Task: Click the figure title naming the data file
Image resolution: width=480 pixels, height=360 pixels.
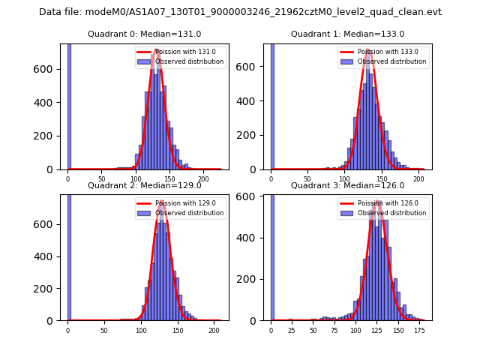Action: pyautogui.click(x=240, y=12)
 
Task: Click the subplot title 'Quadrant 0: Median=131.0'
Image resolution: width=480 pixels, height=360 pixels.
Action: pyautogui.click(x=144, y=34)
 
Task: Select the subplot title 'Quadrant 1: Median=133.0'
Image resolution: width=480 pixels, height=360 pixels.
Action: pyautogui.click(x=347, y=34)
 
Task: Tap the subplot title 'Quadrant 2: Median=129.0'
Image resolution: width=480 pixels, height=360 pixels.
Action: pyautogui.click(x=144, y=185)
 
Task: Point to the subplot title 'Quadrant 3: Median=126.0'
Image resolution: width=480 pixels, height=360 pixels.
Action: pyautogui.click(x=347, y=185)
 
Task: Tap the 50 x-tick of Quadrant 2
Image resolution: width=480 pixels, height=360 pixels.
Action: pyautogui.click(x=104, y=330)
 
